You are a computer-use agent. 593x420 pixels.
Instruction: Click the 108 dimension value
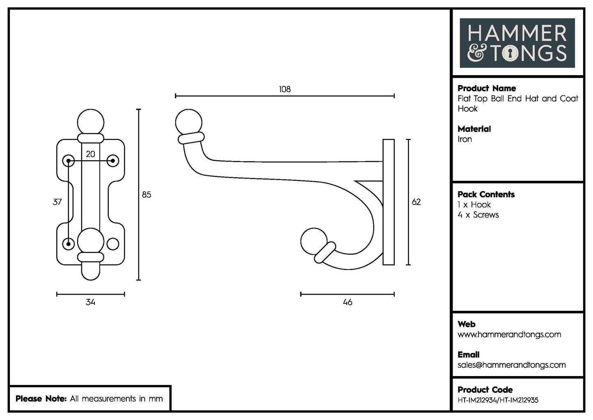(284, 89)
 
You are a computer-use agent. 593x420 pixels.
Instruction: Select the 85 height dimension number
(147, 194)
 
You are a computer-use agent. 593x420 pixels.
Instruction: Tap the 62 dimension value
(416, 202)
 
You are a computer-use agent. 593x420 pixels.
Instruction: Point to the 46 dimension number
(347, 302)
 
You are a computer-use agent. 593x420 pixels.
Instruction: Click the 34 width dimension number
(90, 302)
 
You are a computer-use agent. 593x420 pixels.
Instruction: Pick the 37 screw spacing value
(57, 202)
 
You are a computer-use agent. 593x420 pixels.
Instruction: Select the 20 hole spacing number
(90, 154)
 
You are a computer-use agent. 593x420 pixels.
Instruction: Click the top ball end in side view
(188, 122)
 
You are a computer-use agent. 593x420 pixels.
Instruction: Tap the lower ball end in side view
(314, 241)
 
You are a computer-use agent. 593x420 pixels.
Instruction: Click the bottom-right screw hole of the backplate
(112, 244)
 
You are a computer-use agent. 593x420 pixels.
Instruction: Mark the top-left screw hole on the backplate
(68, 161)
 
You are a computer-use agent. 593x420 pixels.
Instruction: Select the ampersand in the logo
(476, 53)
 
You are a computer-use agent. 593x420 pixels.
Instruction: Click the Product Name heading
(486, 88)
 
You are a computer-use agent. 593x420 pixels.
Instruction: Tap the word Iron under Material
(465, 139)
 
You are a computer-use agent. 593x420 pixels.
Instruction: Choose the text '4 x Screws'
(478, 215)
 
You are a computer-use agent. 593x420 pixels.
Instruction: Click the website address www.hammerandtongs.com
(509, 335)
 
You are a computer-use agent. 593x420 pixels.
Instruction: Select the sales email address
(511, 365)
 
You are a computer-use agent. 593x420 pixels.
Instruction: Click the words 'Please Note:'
(41, 399)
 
